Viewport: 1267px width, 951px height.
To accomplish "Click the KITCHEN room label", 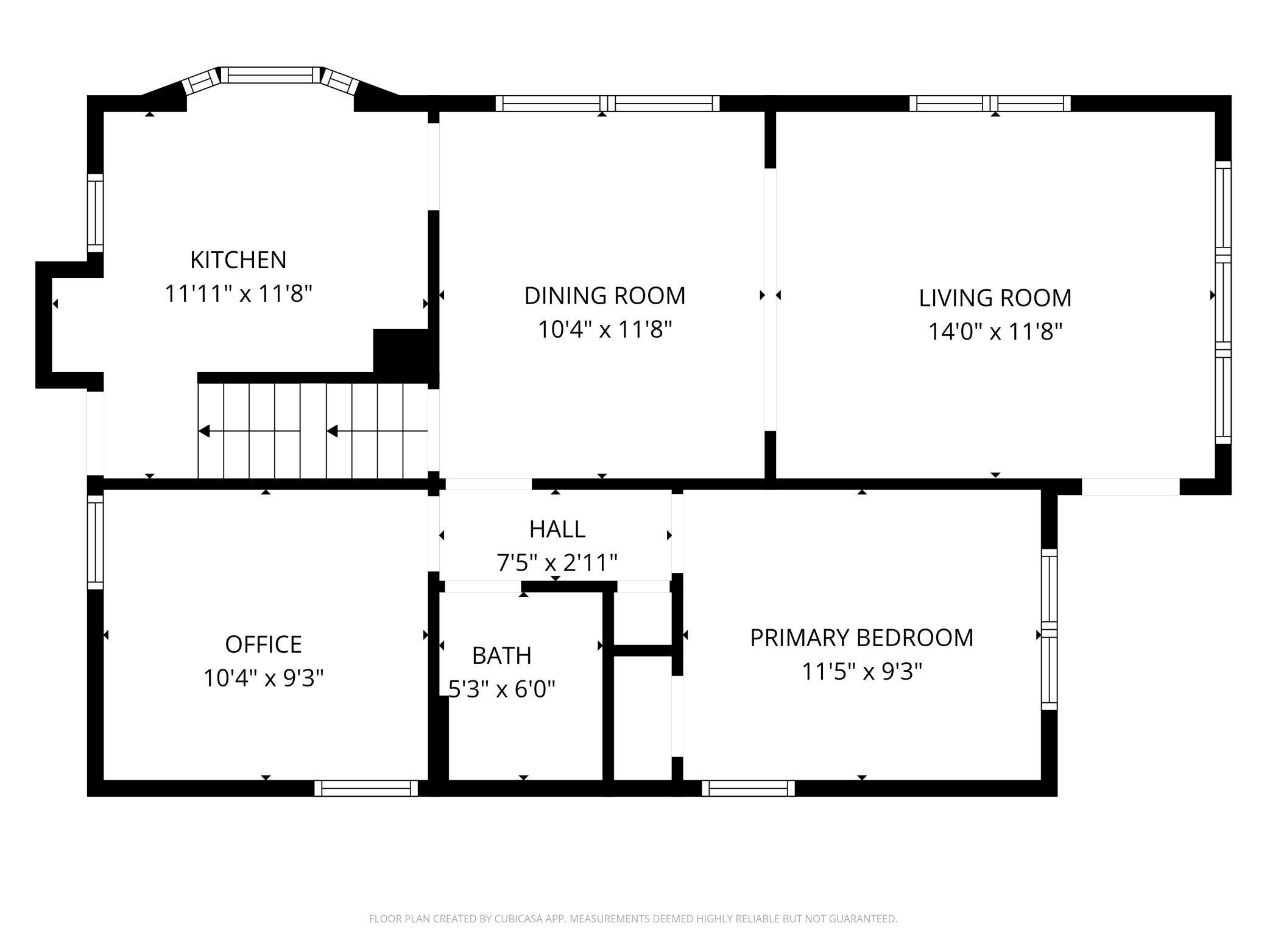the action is [x=238, y=260].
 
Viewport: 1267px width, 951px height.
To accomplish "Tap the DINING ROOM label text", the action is [x=605, y=296].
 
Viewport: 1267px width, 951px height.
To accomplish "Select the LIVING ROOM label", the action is [x=995, y=298].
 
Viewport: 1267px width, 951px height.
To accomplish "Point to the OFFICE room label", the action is [x=264, y=644].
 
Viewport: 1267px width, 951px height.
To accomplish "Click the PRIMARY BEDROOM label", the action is [x=861, y=638].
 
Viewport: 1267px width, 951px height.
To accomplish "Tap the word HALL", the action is [x=557, y=529].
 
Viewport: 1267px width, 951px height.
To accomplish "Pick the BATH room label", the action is [x=502, y=655].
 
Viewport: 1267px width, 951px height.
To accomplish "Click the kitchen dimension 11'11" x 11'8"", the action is [x=238, y=294].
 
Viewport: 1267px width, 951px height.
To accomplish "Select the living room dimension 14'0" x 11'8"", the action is [x=995, y=332].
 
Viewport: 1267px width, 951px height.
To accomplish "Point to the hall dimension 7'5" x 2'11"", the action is [x=557, y=563].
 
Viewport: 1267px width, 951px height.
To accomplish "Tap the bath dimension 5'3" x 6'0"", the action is [x=502, y=689].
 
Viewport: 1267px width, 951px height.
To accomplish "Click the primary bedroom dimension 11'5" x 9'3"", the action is [x=861, y=672].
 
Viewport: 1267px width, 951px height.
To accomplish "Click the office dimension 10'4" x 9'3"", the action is [x=264, y=678].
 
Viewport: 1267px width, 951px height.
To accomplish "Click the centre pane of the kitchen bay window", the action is [x=270, y=75].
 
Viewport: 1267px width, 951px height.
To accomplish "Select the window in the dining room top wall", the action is [x=607, y=104].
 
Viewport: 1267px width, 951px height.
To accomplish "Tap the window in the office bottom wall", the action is [x=366, y=788].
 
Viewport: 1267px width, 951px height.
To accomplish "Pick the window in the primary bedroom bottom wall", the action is [x=748, y=788].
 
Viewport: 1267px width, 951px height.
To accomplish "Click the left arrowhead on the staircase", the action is [x=204, y=432].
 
